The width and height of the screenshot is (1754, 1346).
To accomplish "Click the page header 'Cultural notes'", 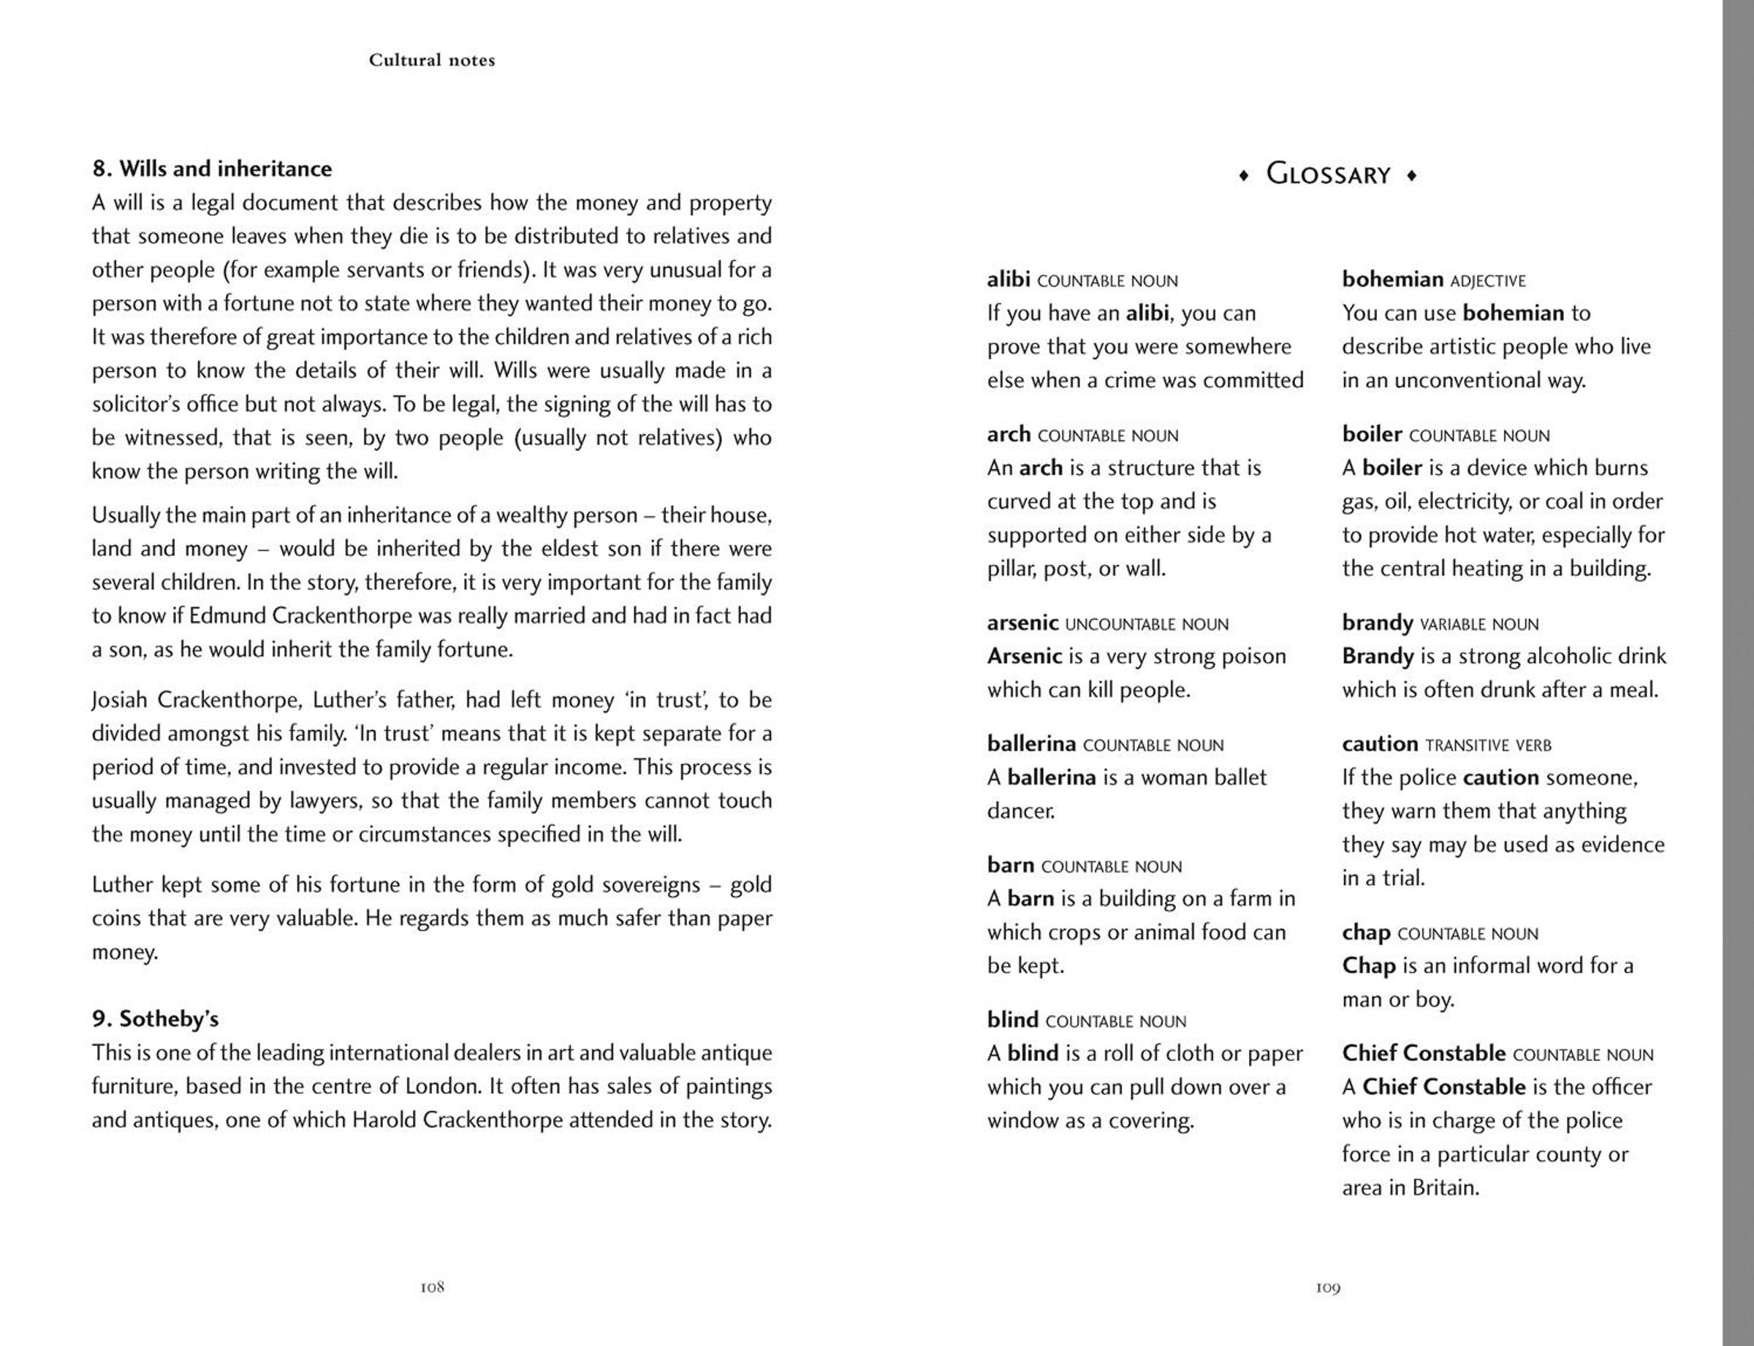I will coord(432,60).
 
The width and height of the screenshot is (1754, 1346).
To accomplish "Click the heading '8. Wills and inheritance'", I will coord(211,169).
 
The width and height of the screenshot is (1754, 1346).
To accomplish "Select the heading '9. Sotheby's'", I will coord(156,1019).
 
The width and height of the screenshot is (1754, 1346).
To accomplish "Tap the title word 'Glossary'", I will coord(1328,175).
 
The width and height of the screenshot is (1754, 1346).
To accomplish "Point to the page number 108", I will coord(432,1288).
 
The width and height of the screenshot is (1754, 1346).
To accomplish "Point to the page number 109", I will coord(1328,1288).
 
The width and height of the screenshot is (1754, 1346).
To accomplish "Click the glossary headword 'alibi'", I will coord(1008,280).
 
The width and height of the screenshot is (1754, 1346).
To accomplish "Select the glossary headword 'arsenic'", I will coord(1022,623).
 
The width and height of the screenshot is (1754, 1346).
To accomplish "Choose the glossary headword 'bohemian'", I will coord(1392,280).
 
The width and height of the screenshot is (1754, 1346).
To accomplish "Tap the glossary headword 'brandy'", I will coord(1378,623).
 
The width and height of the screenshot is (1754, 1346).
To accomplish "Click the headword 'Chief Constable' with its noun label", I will coord(1497,1054).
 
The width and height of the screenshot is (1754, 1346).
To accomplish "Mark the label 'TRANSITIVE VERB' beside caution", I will coord(1488,746).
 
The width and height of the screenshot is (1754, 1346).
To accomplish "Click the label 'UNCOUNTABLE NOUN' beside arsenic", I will coord(1147,625).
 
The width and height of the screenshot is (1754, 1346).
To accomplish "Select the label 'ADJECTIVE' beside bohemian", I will coord(1488,281).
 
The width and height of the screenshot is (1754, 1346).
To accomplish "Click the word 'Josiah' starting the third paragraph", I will coord(119,700).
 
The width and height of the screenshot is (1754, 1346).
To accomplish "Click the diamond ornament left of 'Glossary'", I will coord(1244,175).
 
